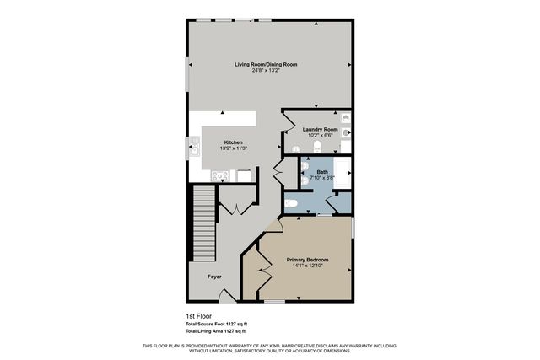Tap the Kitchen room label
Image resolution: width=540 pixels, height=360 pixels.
coord(233,142)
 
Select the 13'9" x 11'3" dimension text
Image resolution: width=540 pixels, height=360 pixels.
coord(233,148)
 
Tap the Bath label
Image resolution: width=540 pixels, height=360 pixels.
coord(322,172)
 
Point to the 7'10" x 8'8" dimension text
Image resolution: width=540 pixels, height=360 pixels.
coord(322,178)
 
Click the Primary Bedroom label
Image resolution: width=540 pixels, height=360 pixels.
coord(307,259)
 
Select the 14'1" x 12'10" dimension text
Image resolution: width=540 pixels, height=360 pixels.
coord(307,266)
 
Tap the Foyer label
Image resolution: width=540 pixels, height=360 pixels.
coord(216,276)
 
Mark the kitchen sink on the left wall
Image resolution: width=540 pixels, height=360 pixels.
coord(192,153)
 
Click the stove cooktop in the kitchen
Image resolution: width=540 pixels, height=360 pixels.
coord(220,175)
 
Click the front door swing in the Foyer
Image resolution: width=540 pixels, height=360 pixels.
coord(225,294)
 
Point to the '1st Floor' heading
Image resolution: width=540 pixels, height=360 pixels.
coord(199,316)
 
